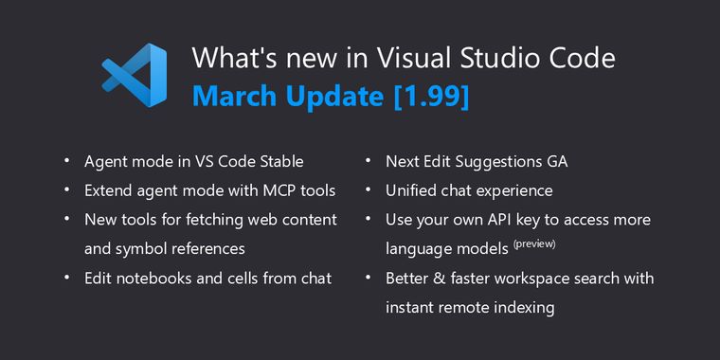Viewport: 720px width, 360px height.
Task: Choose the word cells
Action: pos(238,279)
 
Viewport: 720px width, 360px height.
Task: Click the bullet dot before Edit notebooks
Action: pos(67,279)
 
